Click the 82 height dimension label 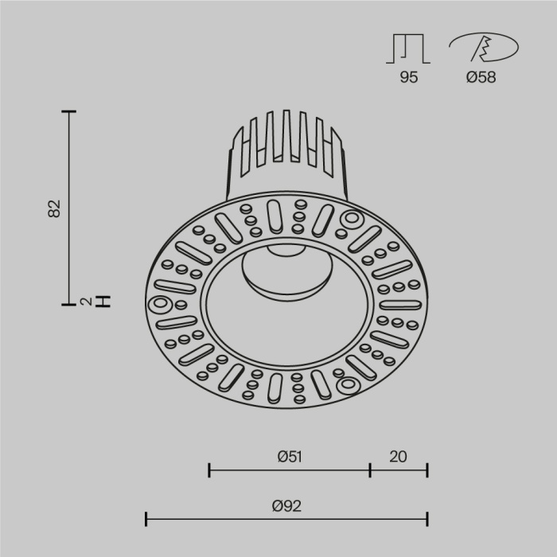coord(54,208)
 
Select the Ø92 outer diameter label coord(287,505)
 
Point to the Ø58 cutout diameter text coord(481,78)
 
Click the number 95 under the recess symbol coord(408,78)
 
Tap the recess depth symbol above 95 coord(408,49)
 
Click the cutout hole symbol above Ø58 coord(481,49)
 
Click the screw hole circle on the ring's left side coord(160,305)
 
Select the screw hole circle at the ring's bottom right coord(348,385)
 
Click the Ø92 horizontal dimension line coord(239,520)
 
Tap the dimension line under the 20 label coord(399,470)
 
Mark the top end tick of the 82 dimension coord(69,112)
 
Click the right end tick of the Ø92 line coord(428,520)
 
